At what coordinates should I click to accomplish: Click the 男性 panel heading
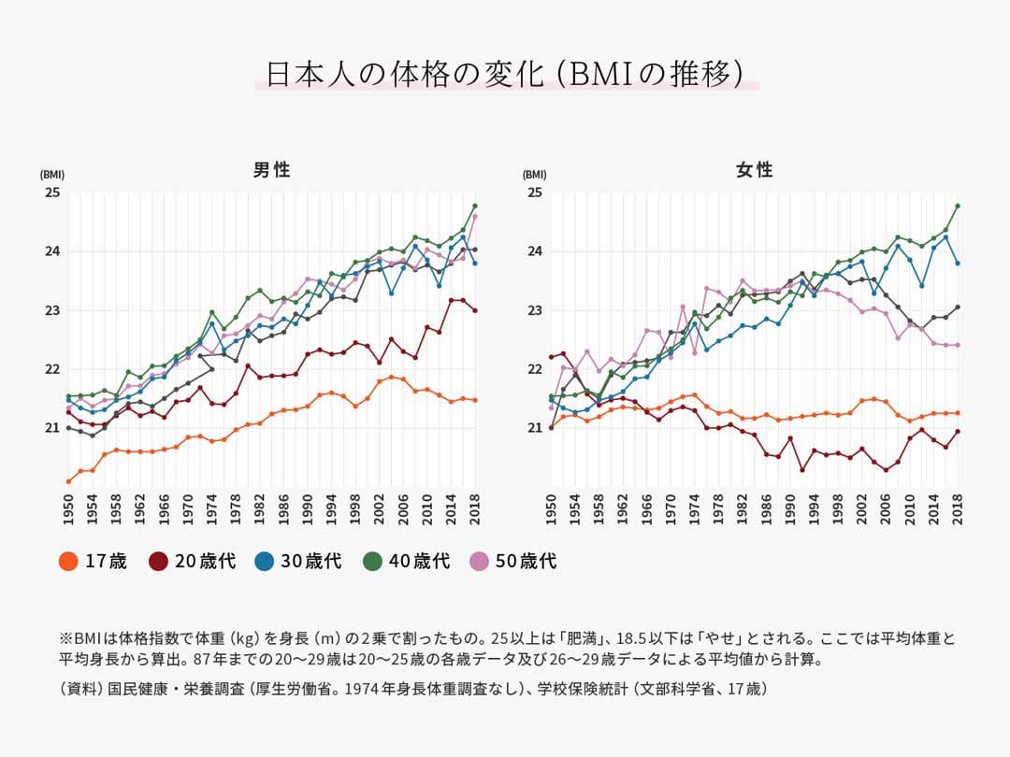pos(272,170)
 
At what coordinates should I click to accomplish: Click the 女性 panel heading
pos(754,170)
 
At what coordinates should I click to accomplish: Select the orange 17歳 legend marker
pos(67,562)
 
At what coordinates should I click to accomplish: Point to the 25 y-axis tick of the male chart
pos(52,193)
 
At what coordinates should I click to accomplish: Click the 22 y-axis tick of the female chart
pos(535,369)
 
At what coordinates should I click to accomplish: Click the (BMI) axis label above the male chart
pos(52,175)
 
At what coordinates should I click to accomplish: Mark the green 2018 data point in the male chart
pos(475,206)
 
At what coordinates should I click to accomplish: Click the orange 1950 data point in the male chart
pos(68,481)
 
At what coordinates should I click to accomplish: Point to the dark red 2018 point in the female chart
pos(958,431)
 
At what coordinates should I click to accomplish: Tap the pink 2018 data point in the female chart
pos(958,345)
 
